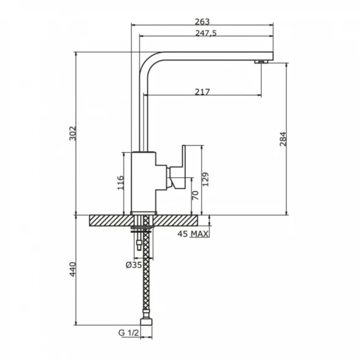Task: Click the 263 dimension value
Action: (202, 21)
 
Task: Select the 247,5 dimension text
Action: (206, 33)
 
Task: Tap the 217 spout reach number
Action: (202, 92)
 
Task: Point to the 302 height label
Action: (73, 133)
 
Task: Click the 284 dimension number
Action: (283, 139)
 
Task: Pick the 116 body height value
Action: (120, 183)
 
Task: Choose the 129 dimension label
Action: (205, 179)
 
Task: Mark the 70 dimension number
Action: (195, 196)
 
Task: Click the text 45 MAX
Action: (193, 234)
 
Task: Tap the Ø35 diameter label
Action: (134, 265)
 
